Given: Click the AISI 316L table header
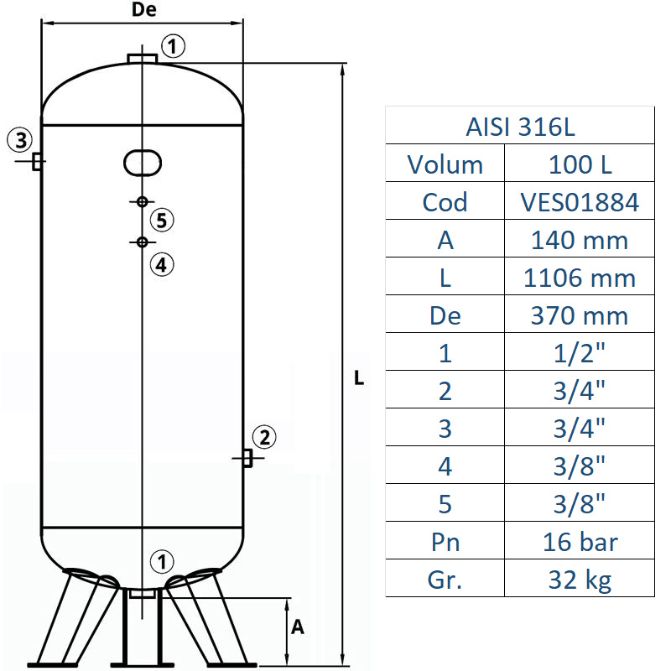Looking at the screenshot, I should click(x=519, y=127).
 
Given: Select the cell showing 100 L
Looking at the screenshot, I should click(x=580, y=164).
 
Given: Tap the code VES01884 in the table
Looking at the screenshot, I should click(x=580, y=202).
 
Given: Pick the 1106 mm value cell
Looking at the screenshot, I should click(x=580, y=278).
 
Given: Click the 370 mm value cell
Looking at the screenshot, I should click(x=580, y=315).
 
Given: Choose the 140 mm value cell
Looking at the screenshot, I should click(x=580, y=240).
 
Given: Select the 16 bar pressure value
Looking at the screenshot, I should click(x=580, y=542).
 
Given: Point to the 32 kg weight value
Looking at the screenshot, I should click(x=580, y=580).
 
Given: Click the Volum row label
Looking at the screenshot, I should click(x=445, y=164).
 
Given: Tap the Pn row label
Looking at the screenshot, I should click(x=445, y=542).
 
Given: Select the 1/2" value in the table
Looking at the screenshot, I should click(x=580, y=353).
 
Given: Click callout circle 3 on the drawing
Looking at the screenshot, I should click(x=20, y=138).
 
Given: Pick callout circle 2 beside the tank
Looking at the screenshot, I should click(x=263, y=437).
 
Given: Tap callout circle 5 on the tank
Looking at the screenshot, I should click(x=163, y=221).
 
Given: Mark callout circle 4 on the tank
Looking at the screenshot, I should click(x=163, y=265).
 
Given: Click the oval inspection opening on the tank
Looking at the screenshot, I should click(x=143, y=162).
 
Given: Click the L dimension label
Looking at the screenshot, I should click(x=359, y=378).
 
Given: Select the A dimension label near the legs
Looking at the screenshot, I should click(x=296, y=627).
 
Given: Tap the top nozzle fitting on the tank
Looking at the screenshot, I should click(x=143, y=58).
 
